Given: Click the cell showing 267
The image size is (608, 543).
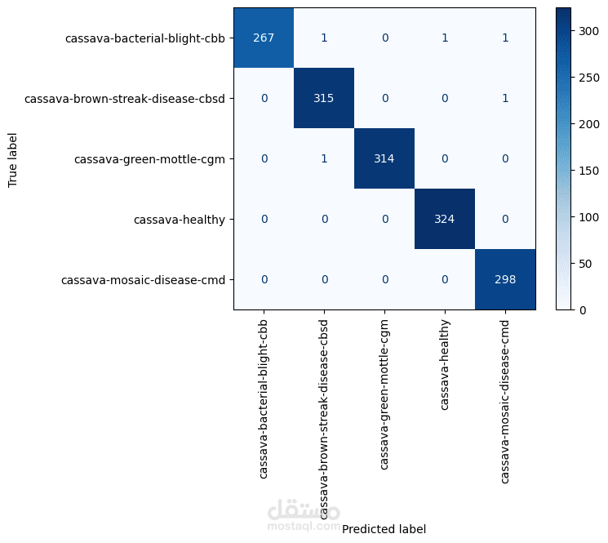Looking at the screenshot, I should pyautogui.click(x=264, y=38).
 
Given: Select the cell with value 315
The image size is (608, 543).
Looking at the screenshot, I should pyautogui.click(x=324, y=98).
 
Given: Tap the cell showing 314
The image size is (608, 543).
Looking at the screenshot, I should pyautogui.click(x=384, y=158).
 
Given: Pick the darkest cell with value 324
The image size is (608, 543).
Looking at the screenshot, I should pyautogui.click(x=445, y=219).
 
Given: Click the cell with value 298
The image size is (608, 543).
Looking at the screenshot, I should pyautogui.click(x=505, y=279).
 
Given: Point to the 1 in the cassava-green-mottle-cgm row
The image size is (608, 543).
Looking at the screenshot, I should pyautogui.click(x=324, y=158).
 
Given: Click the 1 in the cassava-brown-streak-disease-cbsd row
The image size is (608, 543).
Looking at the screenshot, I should pyautogui.click(x=505, y=98).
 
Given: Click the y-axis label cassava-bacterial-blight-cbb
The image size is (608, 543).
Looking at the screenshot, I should pyautogui.click(x=145, y=38).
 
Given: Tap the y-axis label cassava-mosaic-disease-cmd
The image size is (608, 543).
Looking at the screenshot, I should pyautogui.click(x=143, y=279).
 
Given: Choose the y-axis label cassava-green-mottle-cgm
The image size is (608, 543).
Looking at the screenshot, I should pyautogui.click(x=149, y=158).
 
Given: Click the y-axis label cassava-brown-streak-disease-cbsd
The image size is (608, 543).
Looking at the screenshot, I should pyautogui.click(x=125, y=98).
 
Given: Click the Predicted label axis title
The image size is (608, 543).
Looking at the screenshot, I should pyautogui.click(x=384, y=529).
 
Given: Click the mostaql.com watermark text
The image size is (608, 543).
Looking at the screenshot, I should pyautogui.click(x=304, y=527).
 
